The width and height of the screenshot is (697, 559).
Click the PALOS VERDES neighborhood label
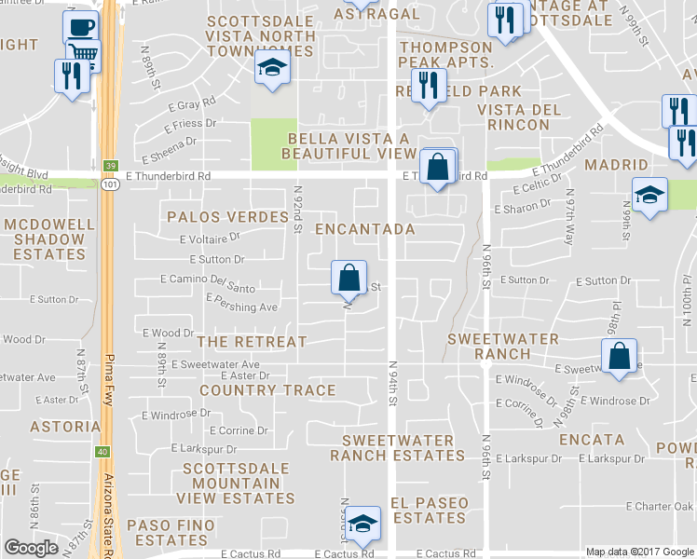coord(228,217)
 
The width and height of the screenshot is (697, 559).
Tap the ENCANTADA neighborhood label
coord(364,228)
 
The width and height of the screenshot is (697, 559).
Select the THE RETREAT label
coord(252,342)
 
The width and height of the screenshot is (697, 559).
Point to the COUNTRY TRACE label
coord(254,389)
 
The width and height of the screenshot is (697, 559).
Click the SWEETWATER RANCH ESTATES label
coord(398,448)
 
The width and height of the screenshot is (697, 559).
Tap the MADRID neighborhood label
coord(615,165)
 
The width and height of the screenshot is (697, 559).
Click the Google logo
coord(31,548)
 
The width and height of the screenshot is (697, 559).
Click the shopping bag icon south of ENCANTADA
coord(348,277)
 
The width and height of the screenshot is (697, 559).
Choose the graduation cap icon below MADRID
coord(649,194)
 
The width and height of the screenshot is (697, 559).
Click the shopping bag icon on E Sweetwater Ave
coord(620,356)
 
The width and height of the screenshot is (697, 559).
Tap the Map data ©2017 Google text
coord(639,551)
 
